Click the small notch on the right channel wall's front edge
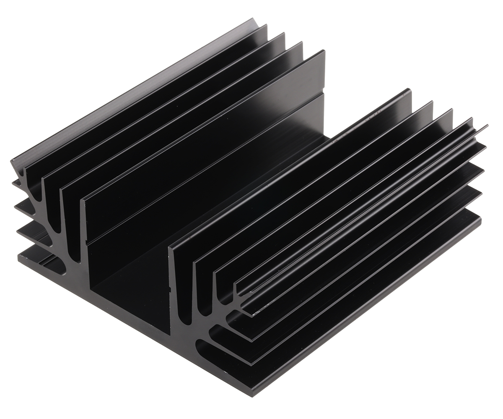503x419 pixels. click(x=170, y=289)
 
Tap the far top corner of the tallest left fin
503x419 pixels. click(x=324, y=51)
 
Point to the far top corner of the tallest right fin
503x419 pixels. click(x=408, y=90)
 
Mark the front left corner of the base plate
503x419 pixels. click(x=19, y=257)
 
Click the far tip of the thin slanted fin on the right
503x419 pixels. click(x=487, y=126)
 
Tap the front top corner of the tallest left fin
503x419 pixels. click(x=82, y=200)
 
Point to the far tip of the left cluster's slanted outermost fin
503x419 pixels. click(x=254, y=18)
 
